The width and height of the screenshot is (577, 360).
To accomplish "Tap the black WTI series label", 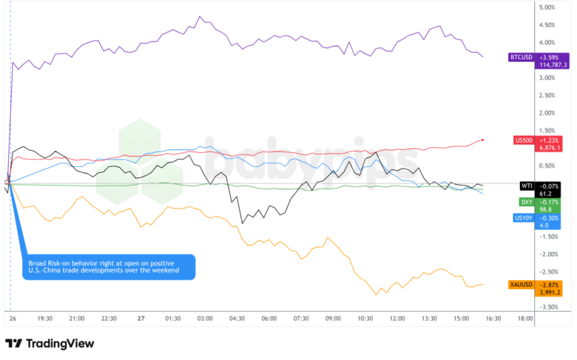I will (x=527, y=186).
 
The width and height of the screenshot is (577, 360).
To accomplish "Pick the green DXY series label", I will (x=527, y=201).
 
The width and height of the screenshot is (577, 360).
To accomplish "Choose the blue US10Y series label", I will (x=524, y=217).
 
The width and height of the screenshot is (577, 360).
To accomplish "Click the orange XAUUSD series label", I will (x=522, y=285).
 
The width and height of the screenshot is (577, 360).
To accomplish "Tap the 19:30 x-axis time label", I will (x=44, y=319).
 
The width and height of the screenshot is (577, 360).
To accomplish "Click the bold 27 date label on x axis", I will (x=141, y=319).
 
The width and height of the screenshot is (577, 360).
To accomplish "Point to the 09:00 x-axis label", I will (x=333, y=319).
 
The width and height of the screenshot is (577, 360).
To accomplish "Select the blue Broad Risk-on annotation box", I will (x=110, y=267).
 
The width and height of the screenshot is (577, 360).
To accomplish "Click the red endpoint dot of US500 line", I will (x=482, y=139).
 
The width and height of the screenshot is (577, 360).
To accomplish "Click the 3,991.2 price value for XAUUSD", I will (x=549, y=292).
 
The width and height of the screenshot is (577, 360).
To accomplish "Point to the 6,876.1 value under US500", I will (x=549, y=147).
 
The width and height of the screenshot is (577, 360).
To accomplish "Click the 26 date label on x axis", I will (x=13, y=319).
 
